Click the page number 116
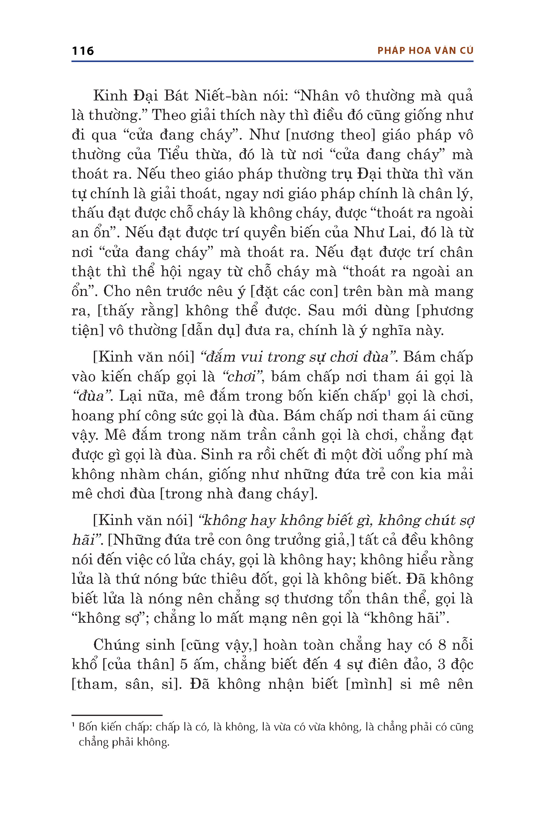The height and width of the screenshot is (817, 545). [x=83, y=51]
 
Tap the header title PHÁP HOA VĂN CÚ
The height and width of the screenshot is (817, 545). [x=425, y=51]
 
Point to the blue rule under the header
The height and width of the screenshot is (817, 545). [x=272, y=61]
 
